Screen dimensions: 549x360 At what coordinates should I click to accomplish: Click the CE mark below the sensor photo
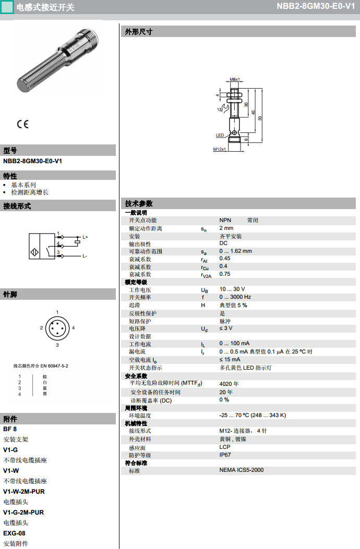click(x=22, y=124)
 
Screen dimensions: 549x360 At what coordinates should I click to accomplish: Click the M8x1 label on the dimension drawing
click(x=234, y=79)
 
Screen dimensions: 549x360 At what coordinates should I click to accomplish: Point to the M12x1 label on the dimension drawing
click(x=219, y=149)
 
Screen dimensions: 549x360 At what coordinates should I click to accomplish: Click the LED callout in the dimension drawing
click(x=220, y=135)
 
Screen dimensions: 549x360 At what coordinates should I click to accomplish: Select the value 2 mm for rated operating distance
click(x=226, y=228)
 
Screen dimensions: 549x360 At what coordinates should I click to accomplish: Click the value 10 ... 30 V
click(x=232, y=289)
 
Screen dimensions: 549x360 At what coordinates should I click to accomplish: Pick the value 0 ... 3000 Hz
click(x=235, y=297)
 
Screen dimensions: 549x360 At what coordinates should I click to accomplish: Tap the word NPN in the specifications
click(x=225, y=221)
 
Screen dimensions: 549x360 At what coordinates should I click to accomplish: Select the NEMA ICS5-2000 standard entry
click(x=241, y=470)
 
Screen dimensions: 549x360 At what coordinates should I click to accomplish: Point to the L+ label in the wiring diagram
click(x=85, y=237)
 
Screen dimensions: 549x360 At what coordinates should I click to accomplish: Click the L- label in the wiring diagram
click(x=85, y=256)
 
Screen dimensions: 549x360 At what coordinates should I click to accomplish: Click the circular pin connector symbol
click(x=57, y=328)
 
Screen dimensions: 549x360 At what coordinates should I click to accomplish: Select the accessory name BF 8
click(x=10, y=429)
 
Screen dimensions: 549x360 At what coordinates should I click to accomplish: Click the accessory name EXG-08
click(x=14, y=533)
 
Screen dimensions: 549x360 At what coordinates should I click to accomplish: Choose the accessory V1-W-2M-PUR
click(x=23, y=492)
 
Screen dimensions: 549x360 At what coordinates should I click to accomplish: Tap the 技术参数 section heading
click(x=139, y=203)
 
